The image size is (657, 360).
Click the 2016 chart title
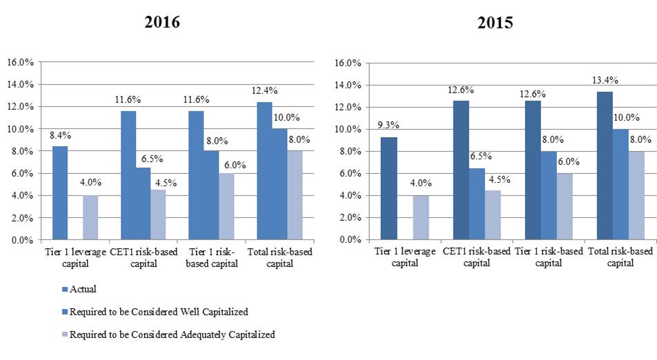[x=162, y=22]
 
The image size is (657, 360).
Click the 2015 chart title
[x=495, y=23]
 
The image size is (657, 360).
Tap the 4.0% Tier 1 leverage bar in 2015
[x=421, y=218]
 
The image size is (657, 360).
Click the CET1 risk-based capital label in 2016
[x=143, y=257]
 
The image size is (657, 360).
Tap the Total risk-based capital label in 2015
[x=620, y=257]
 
